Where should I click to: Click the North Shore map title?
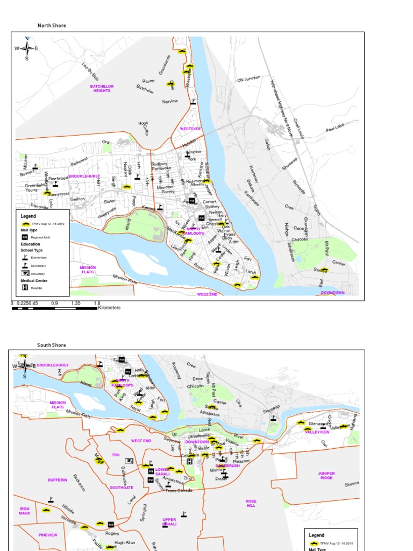tap(52, 25)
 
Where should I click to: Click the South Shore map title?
tap(52, 345)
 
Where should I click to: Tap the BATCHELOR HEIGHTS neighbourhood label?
tap(102, 88)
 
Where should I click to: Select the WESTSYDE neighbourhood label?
tap(190, 129)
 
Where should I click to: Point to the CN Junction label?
tap(248, 79)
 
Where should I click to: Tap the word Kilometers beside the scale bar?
tap(109, 308)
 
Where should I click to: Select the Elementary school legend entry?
tap(39, 258)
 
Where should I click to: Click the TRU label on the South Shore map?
tap(116, 455)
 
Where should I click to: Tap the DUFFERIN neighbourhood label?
tap(58, 479)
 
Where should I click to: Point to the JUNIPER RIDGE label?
tap(326, 476)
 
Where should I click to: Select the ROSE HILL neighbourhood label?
tap(251, 504)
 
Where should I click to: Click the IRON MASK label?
tap(25, 511)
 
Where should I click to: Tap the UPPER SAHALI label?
tap(169, 521)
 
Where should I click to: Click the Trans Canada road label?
tap(179, 490)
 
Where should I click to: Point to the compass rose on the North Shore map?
tap(26, 48)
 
